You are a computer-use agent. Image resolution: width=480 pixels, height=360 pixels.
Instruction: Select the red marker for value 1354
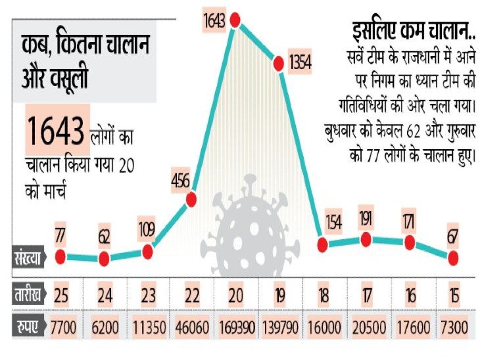click(x=278, y=63)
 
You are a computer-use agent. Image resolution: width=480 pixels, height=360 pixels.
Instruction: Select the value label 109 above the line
click(x=147, y=230)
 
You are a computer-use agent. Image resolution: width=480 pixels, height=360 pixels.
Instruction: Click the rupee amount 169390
click(x=235, y=326)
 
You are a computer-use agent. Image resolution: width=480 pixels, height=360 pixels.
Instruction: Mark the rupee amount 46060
click(x=191, y=326)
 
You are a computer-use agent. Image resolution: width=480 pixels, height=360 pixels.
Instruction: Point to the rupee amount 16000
click(x=323, y=326)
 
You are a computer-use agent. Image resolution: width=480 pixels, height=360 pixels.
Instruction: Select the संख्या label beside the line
click(x=26, y=258)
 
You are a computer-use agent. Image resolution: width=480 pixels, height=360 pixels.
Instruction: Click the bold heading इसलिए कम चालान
click(x=408, y=30)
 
